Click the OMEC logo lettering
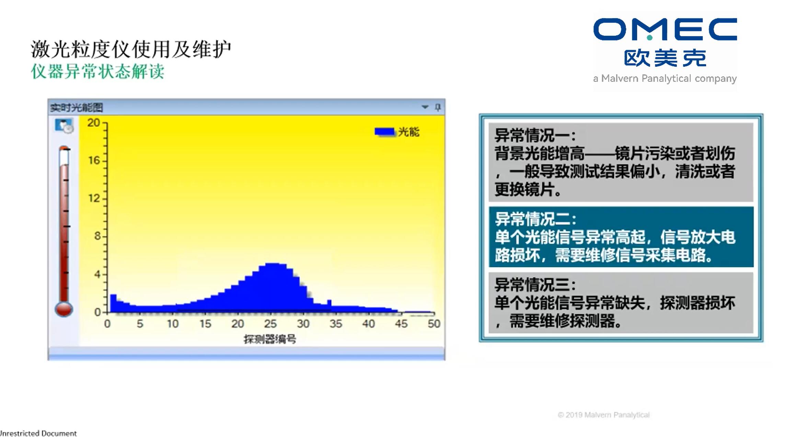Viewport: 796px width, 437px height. pyautogui.click(x=665, y=29)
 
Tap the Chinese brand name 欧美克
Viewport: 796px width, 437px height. pyautogui.click(x=665, y=58)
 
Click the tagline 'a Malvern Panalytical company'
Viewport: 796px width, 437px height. pyautogui.click(x=665, y=79)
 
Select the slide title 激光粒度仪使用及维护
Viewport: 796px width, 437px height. pyautogui.click(x=131, y=49)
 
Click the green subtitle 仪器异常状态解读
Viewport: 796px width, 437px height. pyautogui.click(x=97, y=71)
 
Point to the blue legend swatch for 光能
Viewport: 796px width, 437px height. pyautogui.click(x=384, y=132)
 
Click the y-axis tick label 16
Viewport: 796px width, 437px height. pyautogui.click(x=94, y=160)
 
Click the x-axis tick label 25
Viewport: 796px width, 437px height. pyautogui.click(x=270, y=324)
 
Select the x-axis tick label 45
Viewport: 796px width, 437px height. pyautogui.click(x=401, y=324)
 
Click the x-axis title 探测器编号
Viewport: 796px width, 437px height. pyautogui.click(x=270, y=339)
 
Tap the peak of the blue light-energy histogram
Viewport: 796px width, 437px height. pyautogui.click(x=273, y=264)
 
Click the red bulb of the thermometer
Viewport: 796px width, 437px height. pyautogui.click(x=64, y=309)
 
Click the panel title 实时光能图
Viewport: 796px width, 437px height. pyautogui.click(x=77, y=108)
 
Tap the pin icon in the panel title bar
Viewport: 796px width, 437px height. pyautogui.click(x=438, y=107)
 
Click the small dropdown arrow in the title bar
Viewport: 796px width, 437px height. pyautogui.click(x=425, y=107)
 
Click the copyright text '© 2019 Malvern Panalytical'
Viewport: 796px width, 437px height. pyautogui.click(x=604, y=415)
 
